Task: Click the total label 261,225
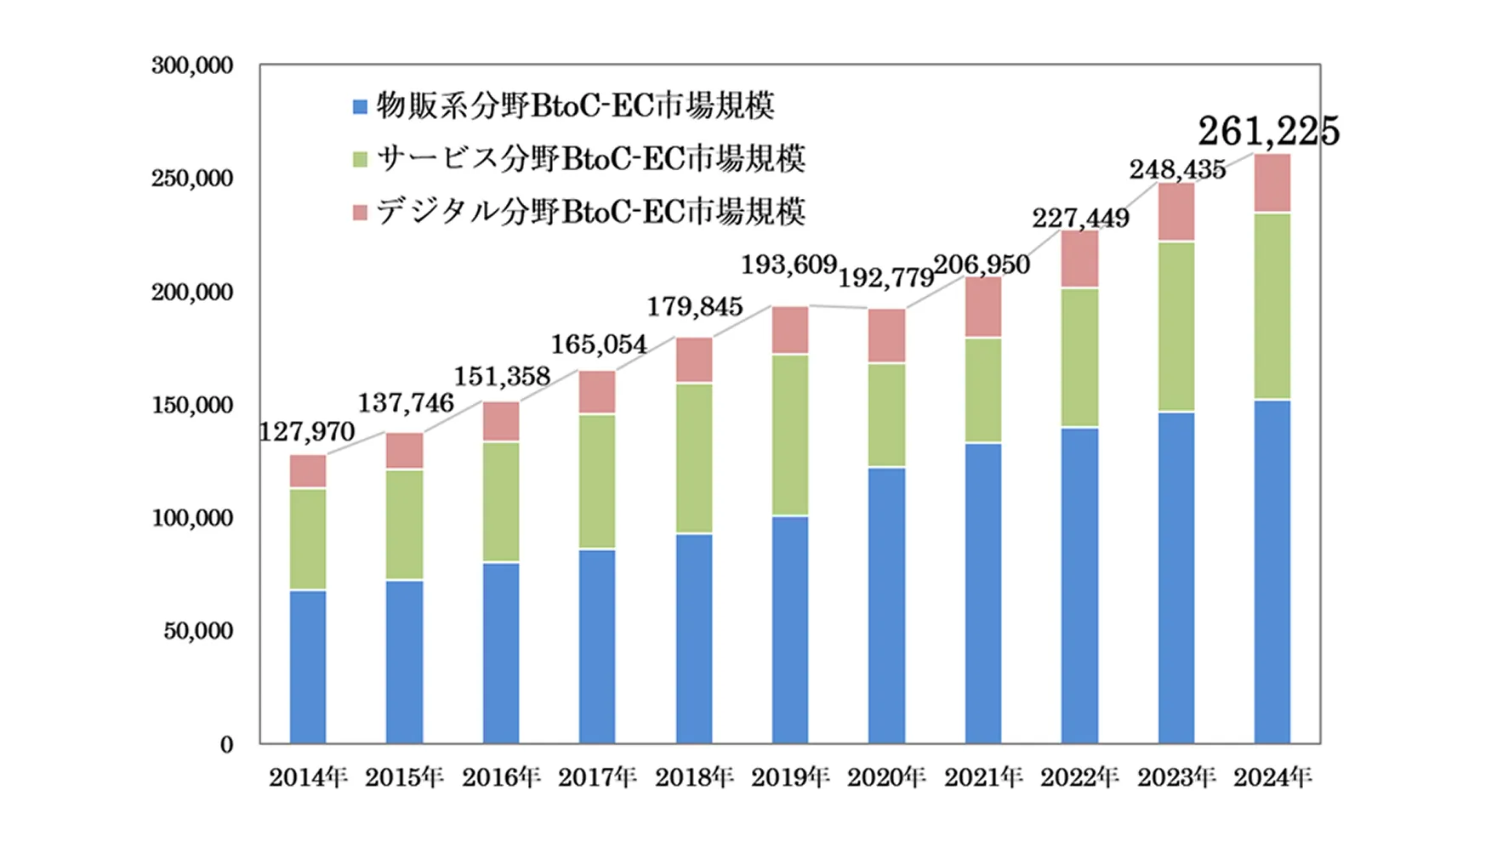tap(1268, 131)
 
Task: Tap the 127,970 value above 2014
tap(307, 431)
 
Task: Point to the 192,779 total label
tap(886, 277)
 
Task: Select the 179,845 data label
tap(695, 306)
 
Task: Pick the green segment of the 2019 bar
tap(790, 435)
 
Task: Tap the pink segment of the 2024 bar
tap(1272, 183)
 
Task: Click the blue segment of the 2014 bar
tap(307, 667)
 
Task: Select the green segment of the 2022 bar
tap(1079, 357)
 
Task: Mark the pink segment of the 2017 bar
tap(597, 392)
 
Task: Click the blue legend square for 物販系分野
tap(360, 107)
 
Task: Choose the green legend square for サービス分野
tap(360, 159)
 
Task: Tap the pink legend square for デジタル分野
tap(360, 212)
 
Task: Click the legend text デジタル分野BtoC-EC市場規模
tap(590, 212)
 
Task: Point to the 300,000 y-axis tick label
tap(192, 65)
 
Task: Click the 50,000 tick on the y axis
tap(198, 631)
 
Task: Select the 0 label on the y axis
tap(226, 745)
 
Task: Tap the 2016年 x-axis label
tap(501, 777)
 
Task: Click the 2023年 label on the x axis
tap(1176, 777)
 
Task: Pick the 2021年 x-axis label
tap(983, 777)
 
